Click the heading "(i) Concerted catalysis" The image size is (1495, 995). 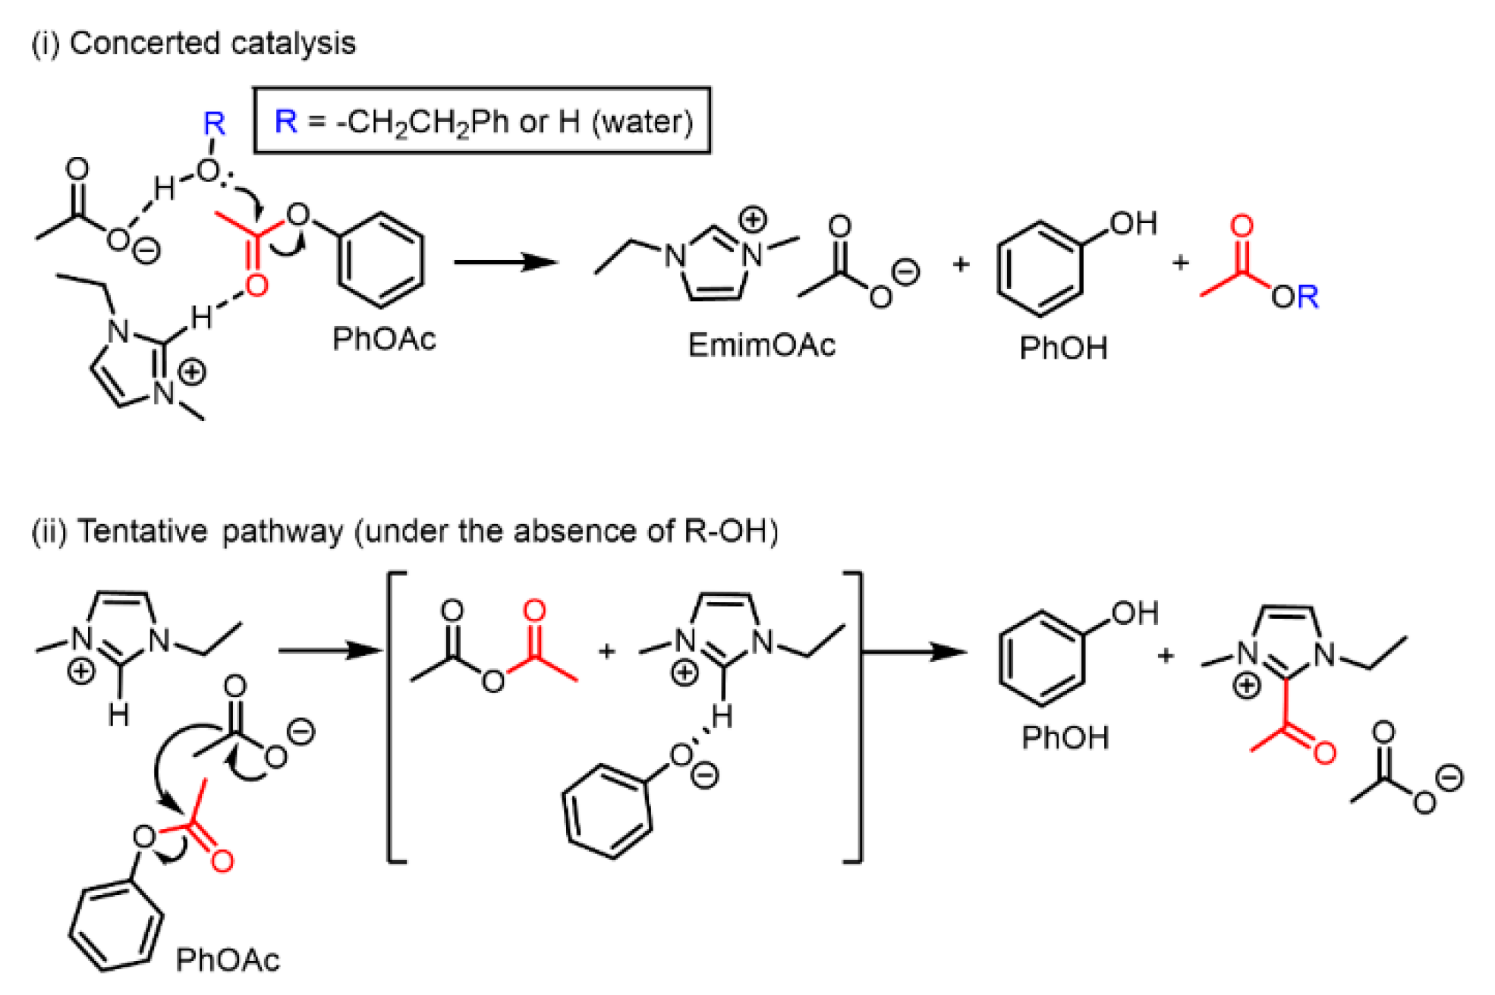194,43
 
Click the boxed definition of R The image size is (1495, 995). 482,121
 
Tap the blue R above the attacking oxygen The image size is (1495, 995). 214,124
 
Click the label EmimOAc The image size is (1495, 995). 761,345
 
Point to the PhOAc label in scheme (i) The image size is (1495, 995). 384,339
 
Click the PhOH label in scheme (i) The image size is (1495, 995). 1063,348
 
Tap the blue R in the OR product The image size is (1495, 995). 1308,297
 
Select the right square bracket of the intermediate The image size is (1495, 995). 857,717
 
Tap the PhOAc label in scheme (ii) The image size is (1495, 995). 228,960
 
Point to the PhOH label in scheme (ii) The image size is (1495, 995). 1065,737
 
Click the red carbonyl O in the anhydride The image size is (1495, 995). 534,610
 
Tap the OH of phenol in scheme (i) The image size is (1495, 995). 1134,224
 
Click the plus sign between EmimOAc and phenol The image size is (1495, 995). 961,264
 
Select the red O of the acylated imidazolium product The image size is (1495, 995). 1324,752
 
